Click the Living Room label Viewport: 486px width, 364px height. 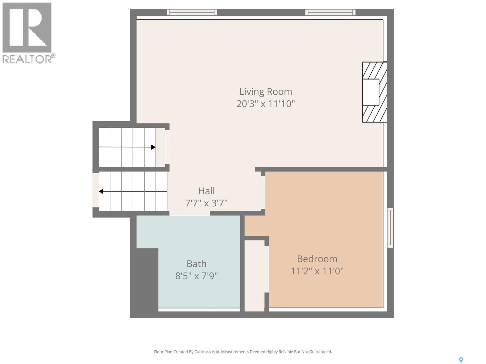(x=265, y=92)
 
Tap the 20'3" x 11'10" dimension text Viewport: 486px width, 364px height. (x=265, y=104)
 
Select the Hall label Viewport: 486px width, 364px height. (x=206, y=191)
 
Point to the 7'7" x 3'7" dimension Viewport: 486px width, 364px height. (x=206, y=203)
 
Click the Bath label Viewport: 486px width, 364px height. (x=196, y=264)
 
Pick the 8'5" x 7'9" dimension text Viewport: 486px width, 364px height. (x=196, y=276)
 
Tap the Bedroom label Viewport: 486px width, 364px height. (x=317, y=259)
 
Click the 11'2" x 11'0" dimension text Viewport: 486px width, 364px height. (x=317, y=271)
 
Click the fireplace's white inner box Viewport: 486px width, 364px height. (x=371, y=92)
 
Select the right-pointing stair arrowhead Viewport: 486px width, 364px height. (x=153, y=147)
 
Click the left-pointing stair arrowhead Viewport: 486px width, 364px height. (x=101, y=191)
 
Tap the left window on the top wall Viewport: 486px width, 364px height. (x=192, y=12)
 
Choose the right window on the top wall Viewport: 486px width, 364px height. (x=330, y=12)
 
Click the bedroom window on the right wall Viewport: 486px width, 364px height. (x=390, y=228)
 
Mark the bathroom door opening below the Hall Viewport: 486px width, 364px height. (x=189, y=213)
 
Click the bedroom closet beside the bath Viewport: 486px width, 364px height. (x=254, y=275)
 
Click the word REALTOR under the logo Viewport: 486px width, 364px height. (x=27, y=59)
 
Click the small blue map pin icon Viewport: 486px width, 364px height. (x=461, y=360)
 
